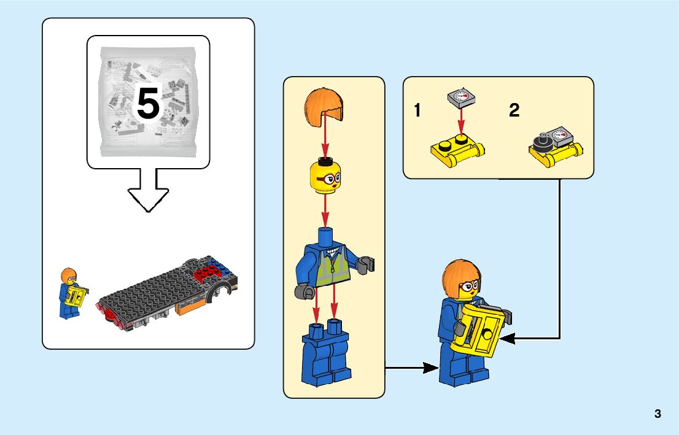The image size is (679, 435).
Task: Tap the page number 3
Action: click(658, 414)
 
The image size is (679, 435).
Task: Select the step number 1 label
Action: click(417, 111)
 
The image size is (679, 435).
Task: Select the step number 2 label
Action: click(514, 111)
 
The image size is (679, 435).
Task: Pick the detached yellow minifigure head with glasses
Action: click(325, 176)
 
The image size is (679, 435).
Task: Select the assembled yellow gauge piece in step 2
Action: click(555, 148)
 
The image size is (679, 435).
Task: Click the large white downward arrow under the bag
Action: click(148, 190)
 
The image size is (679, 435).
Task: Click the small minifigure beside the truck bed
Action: click(71, 293)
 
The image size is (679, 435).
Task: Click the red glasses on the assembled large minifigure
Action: click(470, 285)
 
